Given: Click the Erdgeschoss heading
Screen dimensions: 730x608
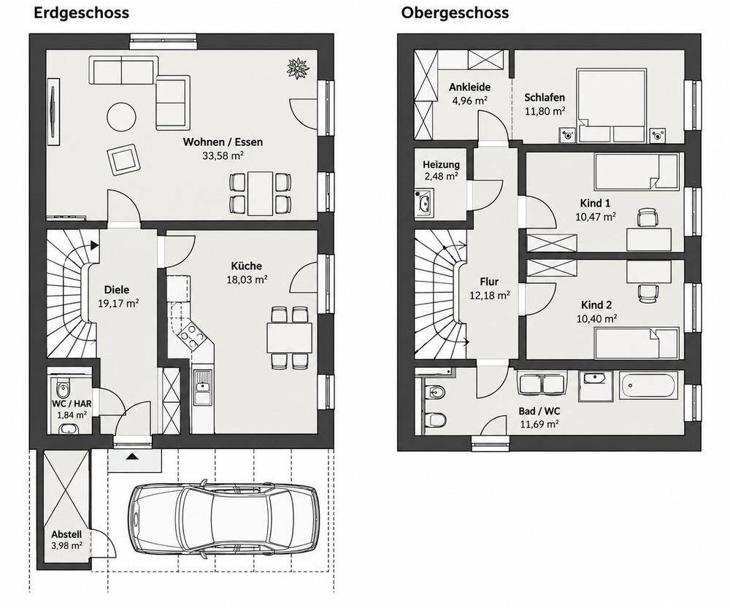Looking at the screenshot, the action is point(82,13).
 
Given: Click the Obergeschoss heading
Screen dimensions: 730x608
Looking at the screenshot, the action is point(455,13).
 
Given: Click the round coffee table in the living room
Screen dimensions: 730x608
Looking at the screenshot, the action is point(121,117).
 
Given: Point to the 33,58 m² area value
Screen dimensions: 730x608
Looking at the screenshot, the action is point(223,155).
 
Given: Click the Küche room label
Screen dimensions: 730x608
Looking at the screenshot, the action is point(246,266).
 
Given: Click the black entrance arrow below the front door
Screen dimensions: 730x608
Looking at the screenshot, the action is point(132,456).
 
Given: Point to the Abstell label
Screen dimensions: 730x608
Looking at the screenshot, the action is point(66,534).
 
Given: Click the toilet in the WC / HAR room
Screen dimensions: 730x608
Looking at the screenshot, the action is point(62,385).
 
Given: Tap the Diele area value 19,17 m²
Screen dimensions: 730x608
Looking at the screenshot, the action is point(118,304).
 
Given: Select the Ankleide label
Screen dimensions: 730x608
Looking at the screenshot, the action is point(469,87).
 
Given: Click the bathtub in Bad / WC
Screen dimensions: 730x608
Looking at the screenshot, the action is point(648,385).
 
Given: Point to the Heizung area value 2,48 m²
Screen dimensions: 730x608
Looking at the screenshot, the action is point(441,177).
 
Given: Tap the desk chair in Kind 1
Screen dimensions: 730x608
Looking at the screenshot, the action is point(647,218).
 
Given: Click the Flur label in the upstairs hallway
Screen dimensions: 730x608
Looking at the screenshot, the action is point(489,282).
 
